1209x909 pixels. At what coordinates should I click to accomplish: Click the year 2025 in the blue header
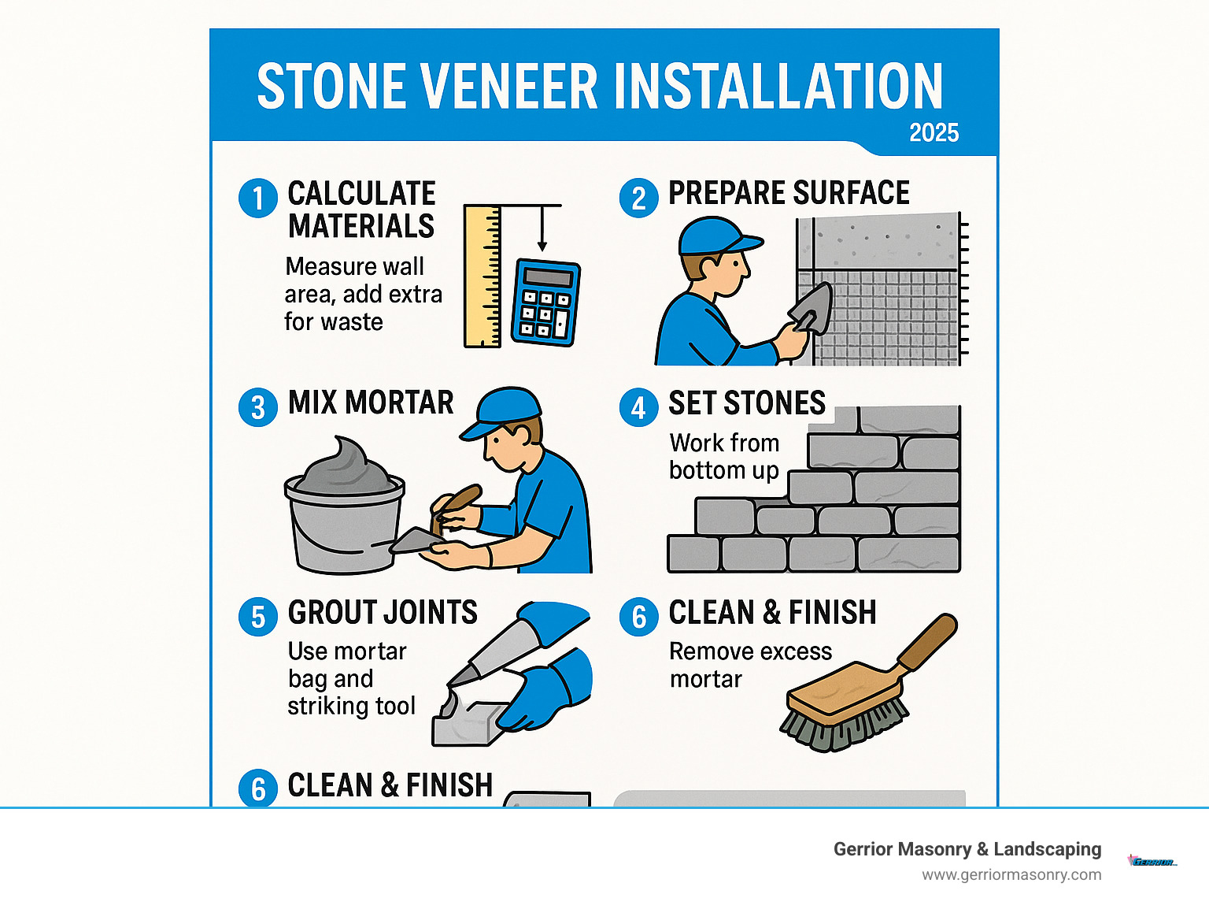coord(934,132)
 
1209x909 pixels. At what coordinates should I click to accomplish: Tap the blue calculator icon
coord(545,302)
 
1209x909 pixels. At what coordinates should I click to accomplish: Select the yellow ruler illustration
coord(482,276)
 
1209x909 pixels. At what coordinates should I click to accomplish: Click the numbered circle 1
coord(258,198)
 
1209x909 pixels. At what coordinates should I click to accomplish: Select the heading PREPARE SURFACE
coord(789,193)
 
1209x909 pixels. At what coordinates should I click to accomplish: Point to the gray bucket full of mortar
coord(344,520)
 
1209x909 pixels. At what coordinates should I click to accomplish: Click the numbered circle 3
coord(258,408)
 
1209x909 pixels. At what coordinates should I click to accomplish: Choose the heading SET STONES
coord(746,403)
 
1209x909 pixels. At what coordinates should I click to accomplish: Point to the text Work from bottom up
coord(724,456)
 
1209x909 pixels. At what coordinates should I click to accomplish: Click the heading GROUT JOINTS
coord(383,613)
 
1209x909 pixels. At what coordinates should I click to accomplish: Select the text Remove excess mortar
coord(749,665)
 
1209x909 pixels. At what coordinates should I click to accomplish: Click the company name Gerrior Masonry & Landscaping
coord(967,849)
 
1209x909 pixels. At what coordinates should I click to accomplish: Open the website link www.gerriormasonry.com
coord(1011,874)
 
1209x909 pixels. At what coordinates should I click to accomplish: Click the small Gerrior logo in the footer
coord(1152,862)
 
